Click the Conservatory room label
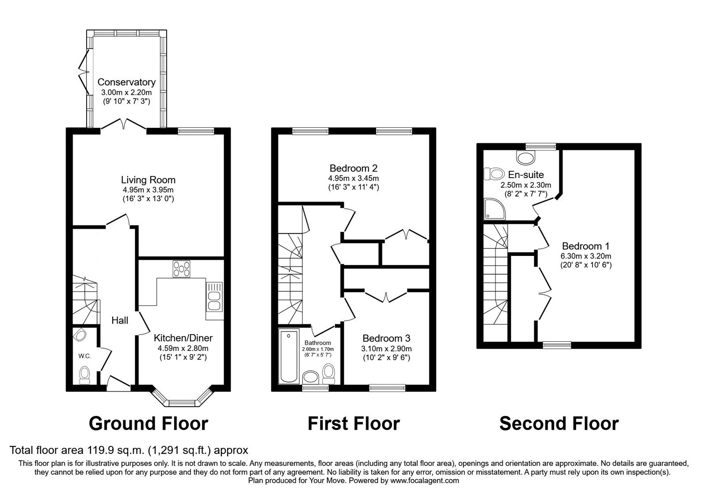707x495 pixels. [x=126, y=82]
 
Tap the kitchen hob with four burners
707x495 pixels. [x=182, y=269]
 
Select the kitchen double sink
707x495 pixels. [x=214, y=297]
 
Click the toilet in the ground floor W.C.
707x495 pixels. [x=84, y=375]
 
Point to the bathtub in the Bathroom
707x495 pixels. [x=289, y=356]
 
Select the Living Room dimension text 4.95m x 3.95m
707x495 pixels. [x=148, y=190]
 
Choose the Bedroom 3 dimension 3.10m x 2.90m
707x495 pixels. [x=386, y=349]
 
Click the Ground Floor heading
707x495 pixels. [x=148, y=424]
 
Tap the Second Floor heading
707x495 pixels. [x=559, y=424]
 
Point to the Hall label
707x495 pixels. [x=120, y=320]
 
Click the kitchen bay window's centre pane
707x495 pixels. [x=182, y=403]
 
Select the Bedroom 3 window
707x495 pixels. [x=387, y=388]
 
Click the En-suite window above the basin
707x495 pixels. [x=541, y=146]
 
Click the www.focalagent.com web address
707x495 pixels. [x=425, y=481]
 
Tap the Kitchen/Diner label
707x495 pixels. [x=183, y=338]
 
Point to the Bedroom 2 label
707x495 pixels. [x=353, y=168]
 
